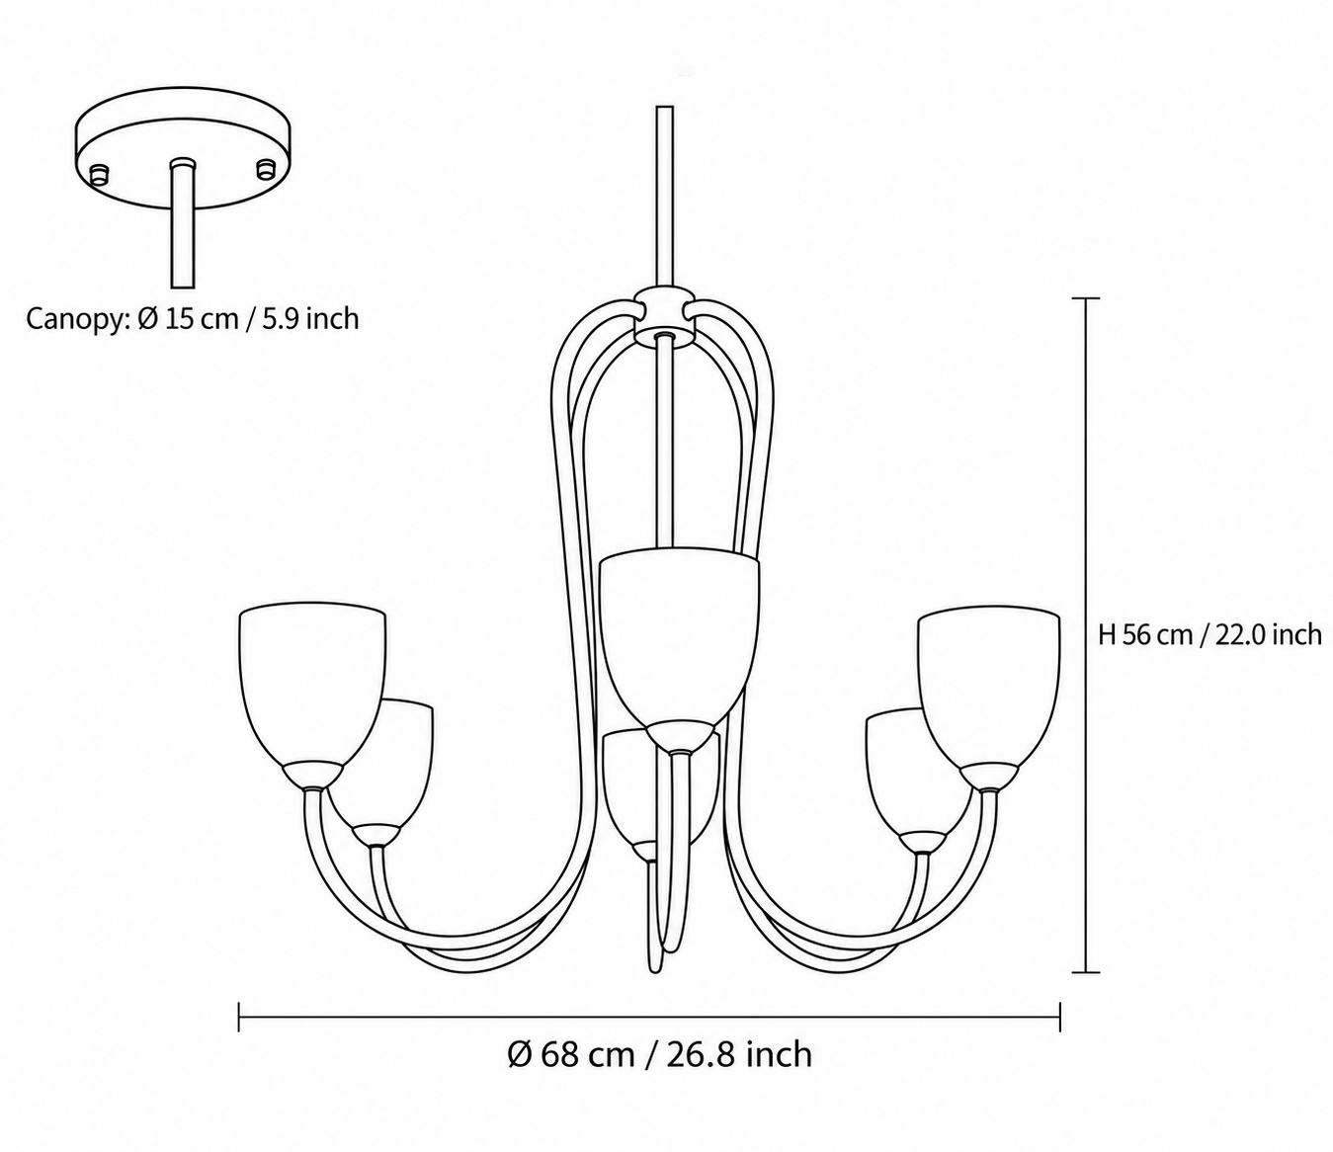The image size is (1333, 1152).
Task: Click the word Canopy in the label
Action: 78,320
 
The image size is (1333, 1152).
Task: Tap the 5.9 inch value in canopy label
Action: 310,318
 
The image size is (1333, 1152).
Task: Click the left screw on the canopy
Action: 99,174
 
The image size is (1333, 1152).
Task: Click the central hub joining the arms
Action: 663,316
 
